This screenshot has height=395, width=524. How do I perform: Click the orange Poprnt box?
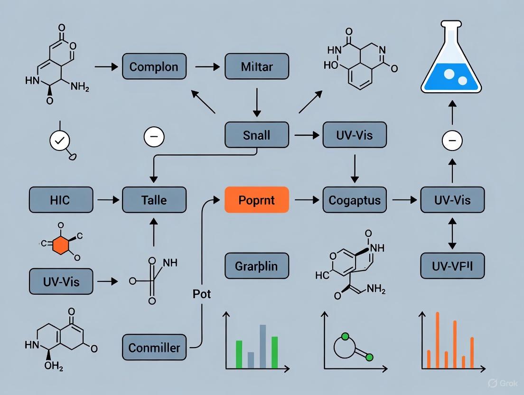click(x=256, y=199)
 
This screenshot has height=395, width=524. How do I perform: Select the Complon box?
click(x=154, y=66)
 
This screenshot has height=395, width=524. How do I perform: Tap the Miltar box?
click(x=256, y=66)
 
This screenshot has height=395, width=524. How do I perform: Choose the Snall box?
click(x=256, y=135)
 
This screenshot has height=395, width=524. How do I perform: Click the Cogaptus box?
click(x=355, y=199)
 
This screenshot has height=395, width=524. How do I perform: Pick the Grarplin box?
click(x=256, y=265)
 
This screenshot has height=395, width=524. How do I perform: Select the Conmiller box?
click(x=154, y=348)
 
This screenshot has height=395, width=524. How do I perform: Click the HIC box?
click(x=60, y=199)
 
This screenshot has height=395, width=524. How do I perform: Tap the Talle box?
click(x=154, y=199)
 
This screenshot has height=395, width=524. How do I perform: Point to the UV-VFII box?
click(x=452, y=265)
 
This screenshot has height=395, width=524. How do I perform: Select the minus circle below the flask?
click(x=452, y=141)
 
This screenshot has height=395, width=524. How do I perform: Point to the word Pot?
click(x=201, y=294)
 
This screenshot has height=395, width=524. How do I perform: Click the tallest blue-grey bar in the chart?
click(x=262, y=346)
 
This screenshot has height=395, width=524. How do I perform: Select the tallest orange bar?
click(x=437, y=340)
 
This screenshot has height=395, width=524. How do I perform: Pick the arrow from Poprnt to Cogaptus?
click(x=307, y=200)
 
